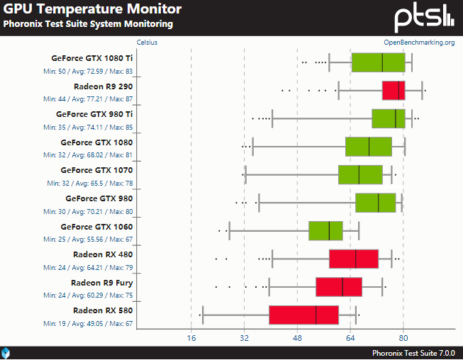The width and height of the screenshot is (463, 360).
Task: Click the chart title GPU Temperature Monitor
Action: (92, 9)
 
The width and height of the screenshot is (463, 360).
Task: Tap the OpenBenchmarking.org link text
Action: (419, 43)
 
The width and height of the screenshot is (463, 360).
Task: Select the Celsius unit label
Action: (147, 43)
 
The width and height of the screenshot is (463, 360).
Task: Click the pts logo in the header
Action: (424, 18)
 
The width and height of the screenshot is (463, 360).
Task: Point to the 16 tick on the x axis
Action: (191, 337)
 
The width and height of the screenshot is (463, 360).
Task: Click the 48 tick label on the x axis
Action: (297, 337)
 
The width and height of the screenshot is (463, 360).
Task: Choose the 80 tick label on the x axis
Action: (403, 337)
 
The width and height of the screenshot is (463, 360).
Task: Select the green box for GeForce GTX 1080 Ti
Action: (378, 62)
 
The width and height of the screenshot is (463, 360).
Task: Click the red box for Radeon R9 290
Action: (394, 91)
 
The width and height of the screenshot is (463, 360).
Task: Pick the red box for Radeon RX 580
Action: (304, 315)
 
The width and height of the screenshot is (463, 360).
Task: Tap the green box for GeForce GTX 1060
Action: (325, 231)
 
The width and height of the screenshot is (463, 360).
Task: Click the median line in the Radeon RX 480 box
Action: (355, 259)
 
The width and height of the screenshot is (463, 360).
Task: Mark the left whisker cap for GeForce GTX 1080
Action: (252, 147)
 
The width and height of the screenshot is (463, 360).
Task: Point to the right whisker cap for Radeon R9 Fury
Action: (382, 287)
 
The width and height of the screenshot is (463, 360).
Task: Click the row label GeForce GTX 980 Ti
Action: (94, 114)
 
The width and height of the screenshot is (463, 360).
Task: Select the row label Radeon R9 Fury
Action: (102, 283)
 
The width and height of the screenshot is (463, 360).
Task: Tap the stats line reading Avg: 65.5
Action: (90, 184)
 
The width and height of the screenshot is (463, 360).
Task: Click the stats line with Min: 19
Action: (88, 323)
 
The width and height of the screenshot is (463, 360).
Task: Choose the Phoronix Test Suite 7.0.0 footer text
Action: (413, 353)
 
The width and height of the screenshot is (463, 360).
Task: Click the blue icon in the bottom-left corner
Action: (6, 353)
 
